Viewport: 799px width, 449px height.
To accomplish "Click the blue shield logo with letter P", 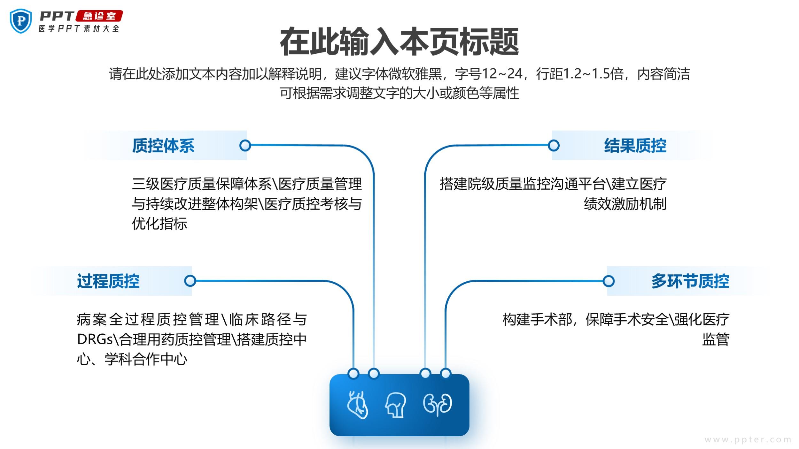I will pyautogui.click(x=21, y=21).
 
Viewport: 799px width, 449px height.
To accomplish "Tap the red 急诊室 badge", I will pyautogui.click(x=99, y=16).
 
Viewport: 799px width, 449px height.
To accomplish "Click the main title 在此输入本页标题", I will pyautogui.click(x=399, y=42).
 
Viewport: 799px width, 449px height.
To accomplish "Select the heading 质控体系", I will pyautogui.click(x=163, y=146).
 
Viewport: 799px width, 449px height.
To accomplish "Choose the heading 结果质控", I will pyautogui.click(x=635, y=146).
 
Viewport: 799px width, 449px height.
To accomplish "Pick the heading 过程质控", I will pyautogui.click(x=108, y=281).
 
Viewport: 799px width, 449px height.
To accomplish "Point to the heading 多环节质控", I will pyautogui.click(x=690, y=281).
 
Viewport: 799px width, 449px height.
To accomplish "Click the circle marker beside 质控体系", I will pyautogui.click(x=245, y=145).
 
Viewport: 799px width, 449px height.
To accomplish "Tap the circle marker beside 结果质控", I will pyautogui.click(x=554, y=145).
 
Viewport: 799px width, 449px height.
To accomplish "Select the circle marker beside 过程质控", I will pyautogui.click(x=190, y=281).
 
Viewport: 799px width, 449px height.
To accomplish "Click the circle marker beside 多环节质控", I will pyautogui.click(x=609, y=281).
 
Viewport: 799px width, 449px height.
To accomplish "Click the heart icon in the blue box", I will pyautogui.click(x=358, y=405).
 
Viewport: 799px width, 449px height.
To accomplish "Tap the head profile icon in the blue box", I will pyautogui.click(x=396, y=405).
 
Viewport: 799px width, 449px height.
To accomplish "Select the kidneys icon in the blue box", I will pyautogui.click(x=438, y=405).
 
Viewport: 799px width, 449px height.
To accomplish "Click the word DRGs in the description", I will pyautogui.click(x=95, y=339).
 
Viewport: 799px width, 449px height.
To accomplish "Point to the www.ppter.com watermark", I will pyautogui.click(x=748, y=440).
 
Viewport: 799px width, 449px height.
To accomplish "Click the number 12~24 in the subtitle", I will pyautogui.click(x=502, y=74).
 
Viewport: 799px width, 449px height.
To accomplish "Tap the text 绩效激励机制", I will pyautogui.click(x=625, y=204).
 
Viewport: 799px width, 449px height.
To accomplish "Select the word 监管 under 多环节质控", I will pyautogui.click(x=716, y=339).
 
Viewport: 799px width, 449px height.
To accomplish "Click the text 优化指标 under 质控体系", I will pyautogui.click(x=159, y=224).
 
